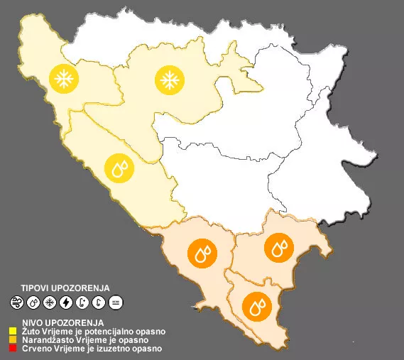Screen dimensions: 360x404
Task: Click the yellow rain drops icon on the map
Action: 118,168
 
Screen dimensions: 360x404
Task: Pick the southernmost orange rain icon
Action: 256,307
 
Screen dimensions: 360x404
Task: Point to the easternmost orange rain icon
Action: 278,247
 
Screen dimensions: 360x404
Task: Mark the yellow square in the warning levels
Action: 13,332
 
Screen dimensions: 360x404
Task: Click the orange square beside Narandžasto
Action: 13,340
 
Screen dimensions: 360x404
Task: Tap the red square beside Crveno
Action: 13,349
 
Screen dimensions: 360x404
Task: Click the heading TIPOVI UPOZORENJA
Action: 65,288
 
